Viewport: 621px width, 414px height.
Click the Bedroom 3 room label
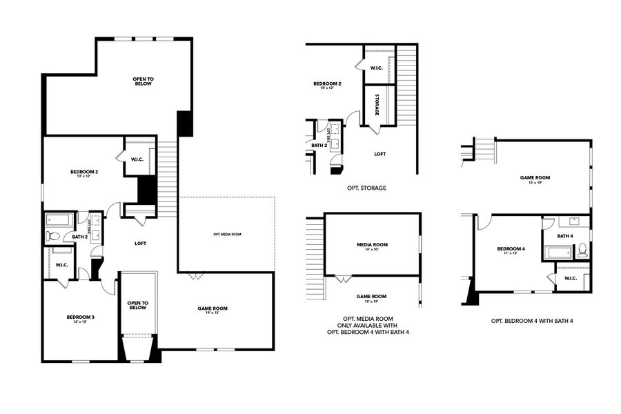click(x=80, y=319)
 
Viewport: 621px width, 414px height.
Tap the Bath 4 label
click(x=565, y=236)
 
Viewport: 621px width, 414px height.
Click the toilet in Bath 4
click(x=582, y=250)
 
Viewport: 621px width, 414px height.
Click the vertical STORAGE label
click(x=378, y=104)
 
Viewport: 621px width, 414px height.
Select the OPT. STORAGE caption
click(x=367, y=188)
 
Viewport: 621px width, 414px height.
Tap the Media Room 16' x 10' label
click(x=372, y=246)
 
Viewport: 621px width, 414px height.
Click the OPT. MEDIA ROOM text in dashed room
click(x=227, y=235)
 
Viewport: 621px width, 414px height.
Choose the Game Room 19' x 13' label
click(x=213, y=310)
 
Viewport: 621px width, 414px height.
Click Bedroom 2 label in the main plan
click(x=83, y=173)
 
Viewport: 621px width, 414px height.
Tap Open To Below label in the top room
click(x=143, y=81)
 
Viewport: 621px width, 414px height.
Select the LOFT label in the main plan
click(x=141, y=243)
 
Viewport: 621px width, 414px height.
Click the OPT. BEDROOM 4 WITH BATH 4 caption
click(x=532, y=321)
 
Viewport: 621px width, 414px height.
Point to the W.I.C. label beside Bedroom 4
click(x=570, y=279)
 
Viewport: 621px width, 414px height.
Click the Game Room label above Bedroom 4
click(x=535, y=179)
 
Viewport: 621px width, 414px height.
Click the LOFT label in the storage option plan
click(x=379, y=154)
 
